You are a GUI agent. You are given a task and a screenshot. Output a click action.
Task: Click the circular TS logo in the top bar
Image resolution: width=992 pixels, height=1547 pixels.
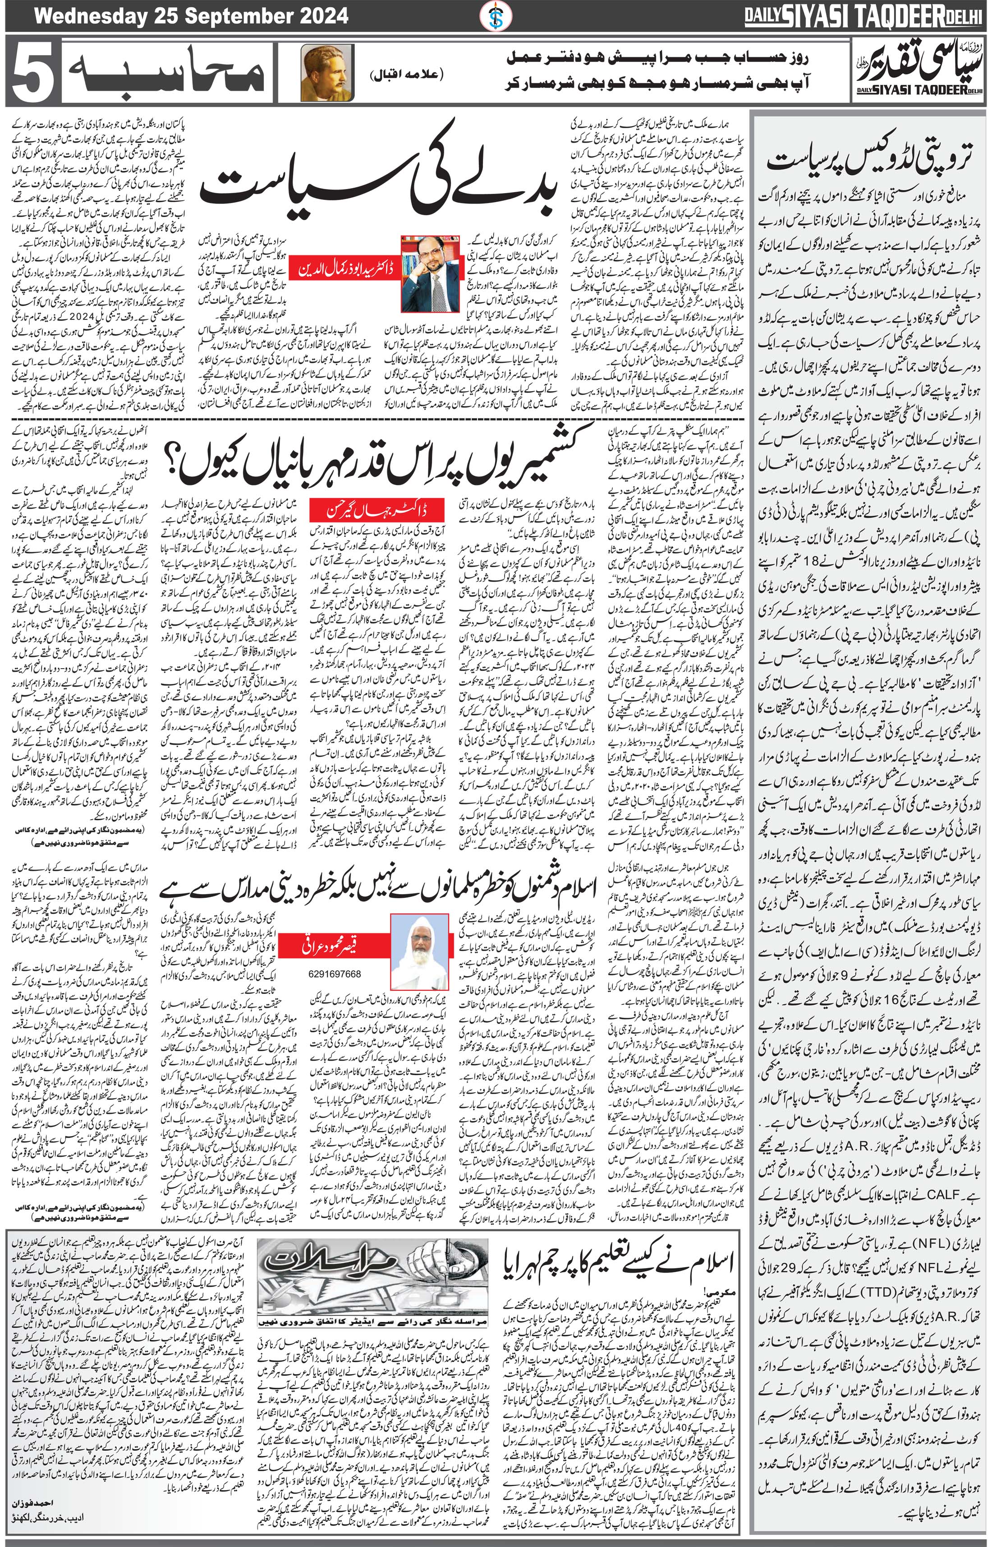[494, 14]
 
